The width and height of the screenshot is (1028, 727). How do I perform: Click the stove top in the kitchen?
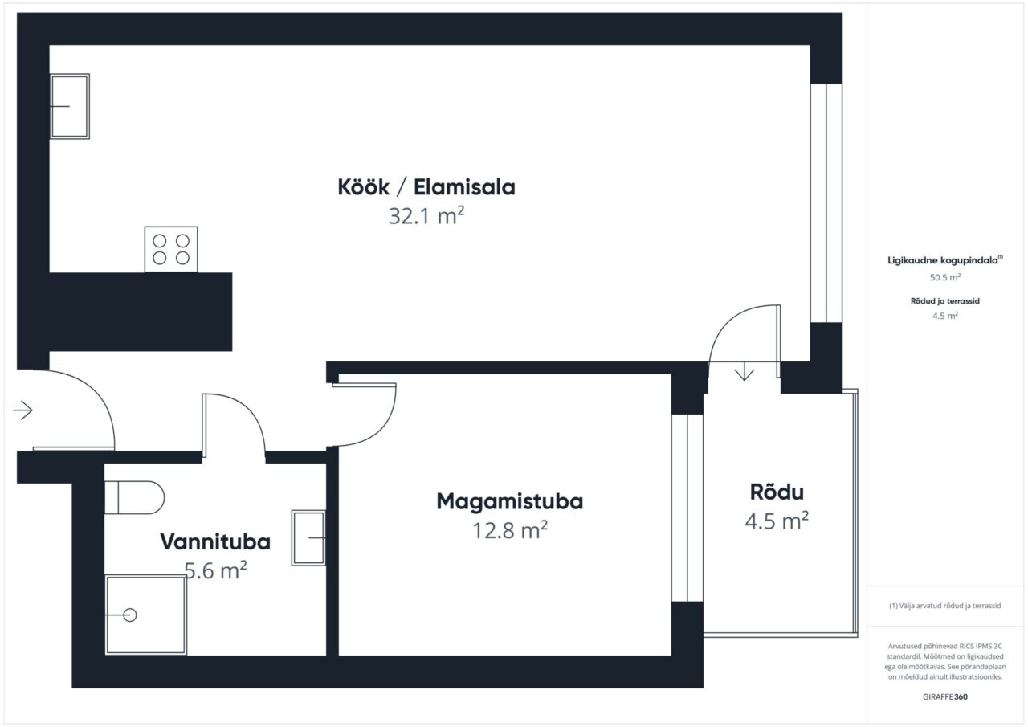(171, 249)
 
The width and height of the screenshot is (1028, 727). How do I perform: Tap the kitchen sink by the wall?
(69, 106)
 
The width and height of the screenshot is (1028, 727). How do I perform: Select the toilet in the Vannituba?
(134, 497)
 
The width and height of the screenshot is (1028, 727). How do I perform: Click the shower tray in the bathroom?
(145, 615)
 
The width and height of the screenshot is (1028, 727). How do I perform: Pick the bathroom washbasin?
(308, 538)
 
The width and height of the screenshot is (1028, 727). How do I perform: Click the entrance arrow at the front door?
(22, 410)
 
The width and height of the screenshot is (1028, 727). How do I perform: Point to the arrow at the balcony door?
(744, 372)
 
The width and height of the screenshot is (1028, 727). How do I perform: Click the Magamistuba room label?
(509, 501)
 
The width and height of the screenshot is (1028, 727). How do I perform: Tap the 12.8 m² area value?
(510, 530)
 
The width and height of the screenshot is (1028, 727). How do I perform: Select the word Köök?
(364, 187)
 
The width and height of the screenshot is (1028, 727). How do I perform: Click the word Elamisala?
(464, 187)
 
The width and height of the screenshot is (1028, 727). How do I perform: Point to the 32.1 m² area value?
(426, 216)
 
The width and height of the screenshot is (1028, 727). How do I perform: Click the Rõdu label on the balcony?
(777, 492)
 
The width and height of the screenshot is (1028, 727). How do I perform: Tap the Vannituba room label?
(215, 542)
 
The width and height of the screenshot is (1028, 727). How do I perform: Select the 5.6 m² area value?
(216, 570)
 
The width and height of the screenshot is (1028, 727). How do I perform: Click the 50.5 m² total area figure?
(945, 277)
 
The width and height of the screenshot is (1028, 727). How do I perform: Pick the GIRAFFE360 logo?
(945, 696)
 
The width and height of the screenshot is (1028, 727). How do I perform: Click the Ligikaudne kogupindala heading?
(945, 260)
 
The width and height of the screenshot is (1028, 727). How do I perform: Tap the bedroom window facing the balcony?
(687, 508)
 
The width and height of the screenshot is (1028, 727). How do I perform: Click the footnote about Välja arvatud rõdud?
(945, 606)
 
